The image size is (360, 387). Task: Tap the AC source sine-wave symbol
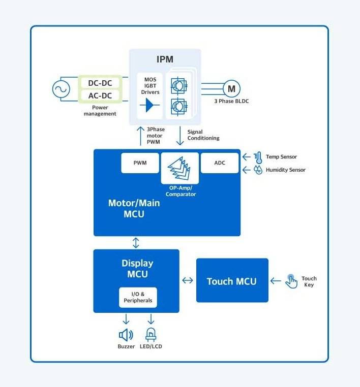pos(61,89)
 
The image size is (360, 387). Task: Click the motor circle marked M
pos(231,89)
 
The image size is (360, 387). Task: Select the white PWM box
pos(140,163)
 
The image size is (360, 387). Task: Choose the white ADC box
pos(220,163)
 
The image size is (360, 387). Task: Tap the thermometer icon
pos(258,156)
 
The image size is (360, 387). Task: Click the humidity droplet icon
pos(258,170)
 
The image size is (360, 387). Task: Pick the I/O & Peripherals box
pos(138,298)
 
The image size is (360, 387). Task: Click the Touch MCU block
pos(232,280)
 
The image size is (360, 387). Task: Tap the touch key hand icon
pos(291,281)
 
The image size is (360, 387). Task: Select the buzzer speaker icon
pos(126,335)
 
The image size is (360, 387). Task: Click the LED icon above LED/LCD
pos(151,335)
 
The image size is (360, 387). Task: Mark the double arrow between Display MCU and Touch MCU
pos(188,280)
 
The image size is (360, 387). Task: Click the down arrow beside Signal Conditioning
pos(180,135)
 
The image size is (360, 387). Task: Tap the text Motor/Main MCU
pos(134,209)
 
